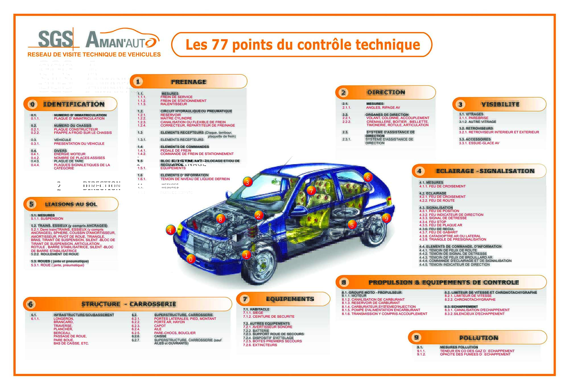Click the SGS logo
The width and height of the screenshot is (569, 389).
55,39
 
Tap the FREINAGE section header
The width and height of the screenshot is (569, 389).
189,82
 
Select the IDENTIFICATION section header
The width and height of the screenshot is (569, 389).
74,104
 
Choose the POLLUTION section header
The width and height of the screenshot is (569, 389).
479,338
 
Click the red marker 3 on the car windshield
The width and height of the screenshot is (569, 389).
247,182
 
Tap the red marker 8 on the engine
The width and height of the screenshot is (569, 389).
220,219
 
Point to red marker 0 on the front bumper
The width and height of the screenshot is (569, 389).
191,259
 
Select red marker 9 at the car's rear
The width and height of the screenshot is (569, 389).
386,219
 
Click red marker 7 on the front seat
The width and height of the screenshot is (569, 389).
311,191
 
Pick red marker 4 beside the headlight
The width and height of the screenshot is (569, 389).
170,230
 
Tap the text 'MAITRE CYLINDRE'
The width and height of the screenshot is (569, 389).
176,118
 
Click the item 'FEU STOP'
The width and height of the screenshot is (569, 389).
437,222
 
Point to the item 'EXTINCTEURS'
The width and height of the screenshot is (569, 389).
265,345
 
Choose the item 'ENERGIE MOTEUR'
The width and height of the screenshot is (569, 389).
70,154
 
